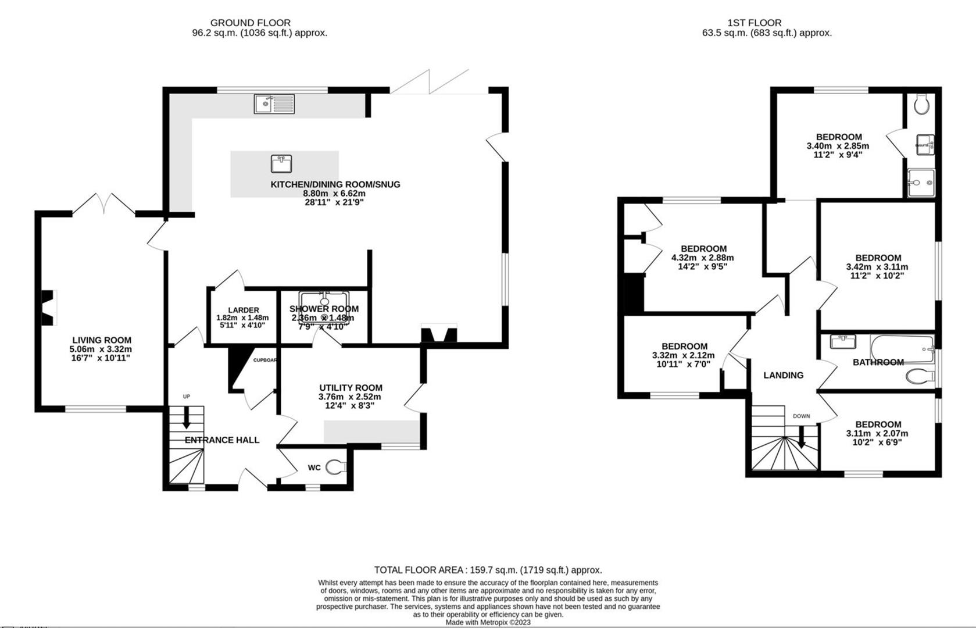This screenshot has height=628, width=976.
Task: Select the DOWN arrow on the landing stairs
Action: pos(801,437)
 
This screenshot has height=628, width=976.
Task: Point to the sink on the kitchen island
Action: pos(281,164)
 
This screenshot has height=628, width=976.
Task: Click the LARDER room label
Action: pos(243,310)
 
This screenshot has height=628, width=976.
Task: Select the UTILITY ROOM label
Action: pos(351,388)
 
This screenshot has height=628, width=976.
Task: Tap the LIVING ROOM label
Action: pos(102,340)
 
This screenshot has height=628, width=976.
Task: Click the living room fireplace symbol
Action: pos(49,307)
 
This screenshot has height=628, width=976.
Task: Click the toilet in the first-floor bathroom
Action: pos(920,377)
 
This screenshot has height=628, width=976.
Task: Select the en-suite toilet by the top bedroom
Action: pos(921,105)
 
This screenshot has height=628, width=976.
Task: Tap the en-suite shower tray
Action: pos(921,183)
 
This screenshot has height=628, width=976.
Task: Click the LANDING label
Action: pos(783,375)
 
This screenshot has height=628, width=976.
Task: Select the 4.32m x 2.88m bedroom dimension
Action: pos(702,258)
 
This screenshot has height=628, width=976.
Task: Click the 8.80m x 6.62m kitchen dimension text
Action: pos(334,194)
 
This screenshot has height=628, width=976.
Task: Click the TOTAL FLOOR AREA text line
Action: pos(488,570)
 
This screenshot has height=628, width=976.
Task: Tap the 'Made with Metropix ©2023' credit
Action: pos(488,622)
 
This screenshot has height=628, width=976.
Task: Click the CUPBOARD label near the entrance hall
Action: pos(264,360)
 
